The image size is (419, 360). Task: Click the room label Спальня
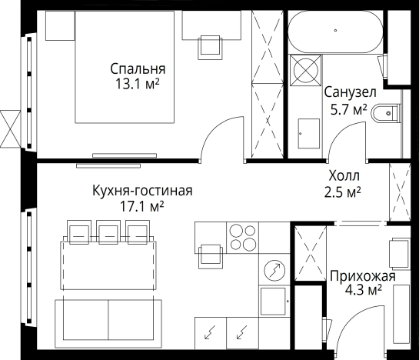pyautogui.click(x=137, y=68)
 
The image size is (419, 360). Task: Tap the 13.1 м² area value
pyautogui.click(x=137, y=82)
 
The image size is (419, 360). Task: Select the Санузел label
pyautogui.click(x=345, y=93)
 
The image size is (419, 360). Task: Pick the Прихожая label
pyautogui.click(x=363, y=275)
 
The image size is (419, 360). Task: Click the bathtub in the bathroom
pyautogui.click(x=335, y=32)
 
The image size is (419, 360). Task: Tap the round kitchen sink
pyautogui.click(x=274, y=270)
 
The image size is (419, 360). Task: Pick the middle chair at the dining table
pyautogui.click(x=108, y=232)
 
